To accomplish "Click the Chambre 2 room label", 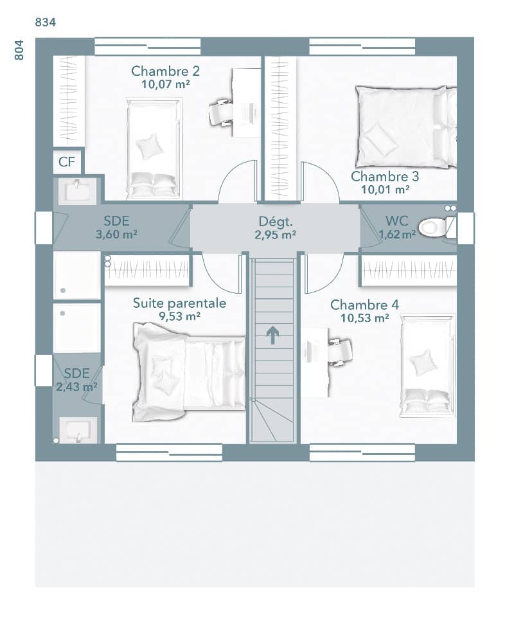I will click(x=165, y=71).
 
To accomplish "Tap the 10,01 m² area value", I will click(x=385, y=189).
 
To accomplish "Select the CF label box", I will click(x=67, y=162).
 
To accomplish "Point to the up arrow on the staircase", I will click(x=273, y=335).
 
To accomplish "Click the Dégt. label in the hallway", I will click(x=275, y=222).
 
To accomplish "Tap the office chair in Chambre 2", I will click(x=222, y=112).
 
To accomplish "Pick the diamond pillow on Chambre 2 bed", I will click(x=150, y=146).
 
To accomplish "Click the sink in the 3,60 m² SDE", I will click(x=77, y=190).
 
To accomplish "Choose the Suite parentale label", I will click(x=179, y=303).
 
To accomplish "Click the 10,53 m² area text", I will click(x=360, y=317).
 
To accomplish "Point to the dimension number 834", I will click(x=45, y=22).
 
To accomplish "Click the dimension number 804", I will click(x=19, y=49).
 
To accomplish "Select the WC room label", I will click(x=396, y=221).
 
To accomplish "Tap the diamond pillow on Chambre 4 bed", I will click(x=423, y=362).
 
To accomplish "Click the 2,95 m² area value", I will click(x=275, y=235).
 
